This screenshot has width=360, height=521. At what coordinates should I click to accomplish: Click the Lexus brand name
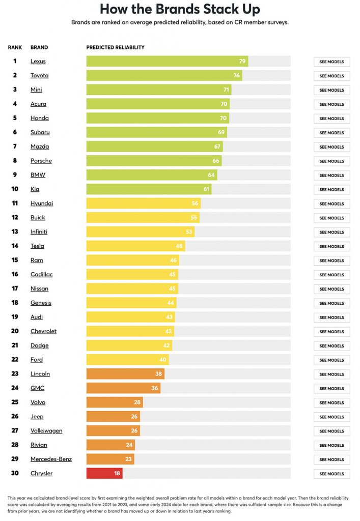(38, 62)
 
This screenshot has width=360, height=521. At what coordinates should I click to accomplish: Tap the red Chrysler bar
(104, 474)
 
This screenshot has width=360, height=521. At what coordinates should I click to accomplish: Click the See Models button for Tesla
(331, 247)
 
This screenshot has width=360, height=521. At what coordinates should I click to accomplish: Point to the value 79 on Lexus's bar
(242, 62)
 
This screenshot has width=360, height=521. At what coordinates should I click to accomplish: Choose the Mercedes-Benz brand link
(51, 459)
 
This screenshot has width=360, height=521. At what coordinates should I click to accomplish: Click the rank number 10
(15, 189)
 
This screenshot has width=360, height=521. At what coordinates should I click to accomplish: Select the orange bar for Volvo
(115, 402)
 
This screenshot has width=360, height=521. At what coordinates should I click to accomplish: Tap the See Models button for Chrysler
(331, 474)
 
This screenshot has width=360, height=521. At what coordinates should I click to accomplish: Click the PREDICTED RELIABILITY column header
(116, 47)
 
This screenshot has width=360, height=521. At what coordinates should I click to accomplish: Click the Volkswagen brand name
(46, 431)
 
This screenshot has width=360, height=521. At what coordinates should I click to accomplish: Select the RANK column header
(15, 47)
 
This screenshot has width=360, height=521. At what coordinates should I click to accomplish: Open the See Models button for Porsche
(331, 161)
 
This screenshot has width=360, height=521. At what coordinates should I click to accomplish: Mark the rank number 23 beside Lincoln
(15, 374)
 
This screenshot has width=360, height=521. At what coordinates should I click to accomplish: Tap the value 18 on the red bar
(117, 474)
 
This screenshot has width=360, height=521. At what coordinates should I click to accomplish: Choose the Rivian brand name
(39, 445)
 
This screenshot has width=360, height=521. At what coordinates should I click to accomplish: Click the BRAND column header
(39, 47)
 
